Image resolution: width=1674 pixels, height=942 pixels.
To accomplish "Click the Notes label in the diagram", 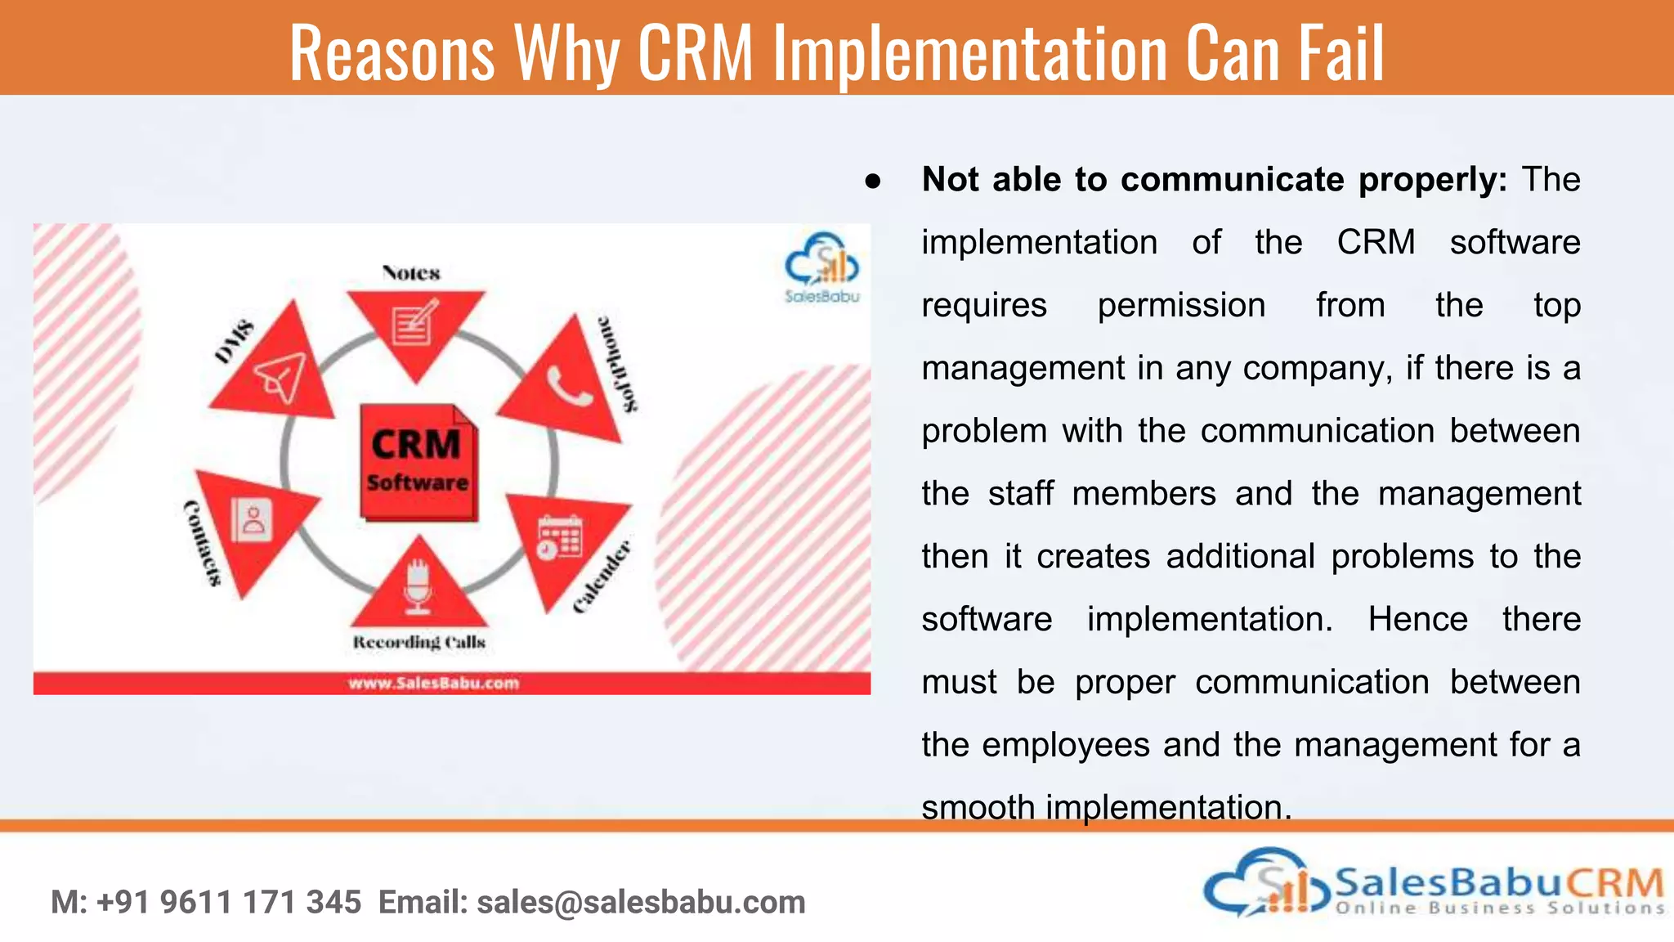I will (x=411, y=273).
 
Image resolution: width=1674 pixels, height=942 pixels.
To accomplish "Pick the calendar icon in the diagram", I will (x=560, y=537).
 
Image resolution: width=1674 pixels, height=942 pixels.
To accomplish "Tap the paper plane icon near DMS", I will (x=280, y=377).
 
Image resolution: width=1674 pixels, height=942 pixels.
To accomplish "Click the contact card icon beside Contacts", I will (x=252, y=520).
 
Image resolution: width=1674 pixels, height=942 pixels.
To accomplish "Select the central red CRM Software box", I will (x=418, y=463).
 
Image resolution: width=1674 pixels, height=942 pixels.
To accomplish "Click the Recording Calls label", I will (x=418, y=642).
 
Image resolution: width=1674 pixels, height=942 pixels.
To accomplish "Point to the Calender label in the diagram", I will (x=602, y=576).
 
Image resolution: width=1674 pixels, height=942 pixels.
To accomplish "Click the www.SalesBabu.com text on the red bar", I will (x=433, y=683).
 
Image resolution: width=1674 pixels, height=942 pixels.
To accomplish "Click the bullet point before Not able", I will (x=873, y=181).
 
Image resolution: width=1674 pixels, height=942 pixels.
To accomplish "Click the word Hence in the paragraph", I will (x=1417, y=619).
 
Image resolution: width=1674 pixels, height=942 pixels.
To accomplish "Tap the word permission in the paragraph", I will (x=1181, y=305).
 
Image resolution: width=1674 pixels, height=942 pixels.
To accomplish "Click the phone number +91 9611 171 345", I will (x=228, y=902).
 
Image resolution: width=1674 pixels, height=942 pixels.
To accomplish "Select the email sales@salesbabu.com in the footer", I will (x=641, y=902).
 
